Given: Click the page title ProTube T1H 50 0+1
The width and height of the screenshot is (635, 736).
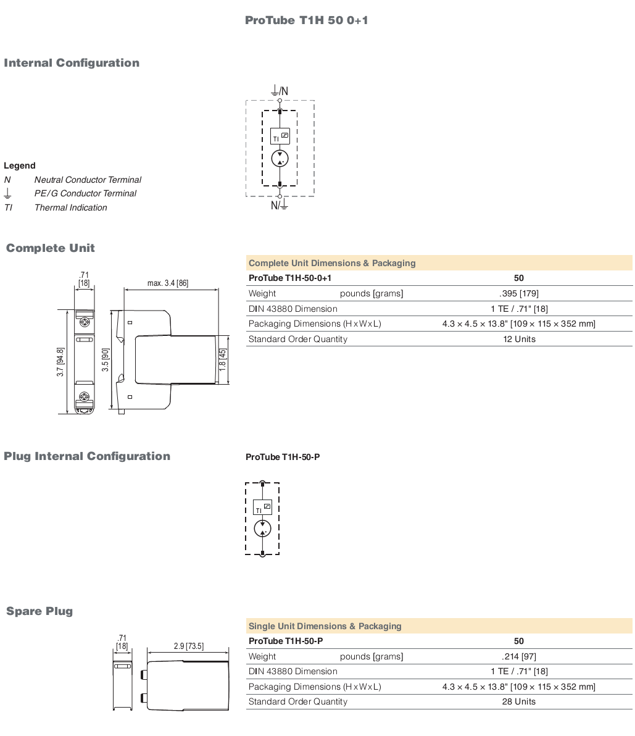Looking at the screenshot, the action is click(x=306, y=20).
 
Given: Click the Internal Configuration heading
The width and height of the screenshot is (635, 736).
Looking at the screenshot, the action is click(x=72, y=63).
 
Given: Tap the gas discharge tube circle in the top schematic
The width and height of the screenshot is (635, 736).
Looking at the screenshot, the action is click(x=280, y=159).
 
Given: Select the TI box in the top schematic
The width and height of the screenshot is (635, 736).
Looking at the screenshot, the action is click(x=280, y=136).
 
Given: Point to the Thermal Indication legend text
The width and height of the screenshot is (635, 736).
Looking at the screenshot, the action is click(x=71, y=207).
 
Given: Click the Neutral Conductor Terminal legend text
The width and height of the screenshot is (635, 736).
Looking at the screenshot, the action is click(x=88, y=180).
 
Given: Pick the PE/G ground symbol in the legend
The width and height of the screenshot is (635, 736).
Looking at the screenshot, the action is click(x=7, y=193).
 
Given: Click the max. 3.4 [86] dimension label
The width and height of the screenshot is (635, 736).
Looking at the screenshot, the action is click(x=168, y=283).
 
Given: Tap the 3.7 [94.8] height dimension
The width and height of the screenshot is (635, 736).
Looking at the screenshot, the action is click(x=60, y=362).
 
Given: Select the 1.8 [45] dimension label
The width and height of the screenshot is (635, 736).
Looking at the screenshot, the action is click(x=223, y=359).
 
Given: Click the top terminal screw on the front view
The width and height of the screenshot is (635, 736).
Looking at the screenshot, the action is click(x=85, y=322).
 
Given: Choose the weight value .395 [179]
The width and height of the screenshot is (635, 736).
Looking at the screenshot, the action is click(x=519, y=293).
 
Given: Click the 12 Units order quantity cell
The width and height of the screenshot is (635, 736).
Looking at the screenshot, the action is click(x=519, y=339).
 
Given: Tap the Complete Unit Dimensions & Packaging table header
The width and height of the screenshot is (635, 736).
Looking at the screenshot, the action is click(x=332, y=263).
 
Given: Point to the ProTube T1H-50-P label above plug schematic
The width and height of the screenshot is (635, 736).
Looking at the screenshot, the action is click(x=283, y=457).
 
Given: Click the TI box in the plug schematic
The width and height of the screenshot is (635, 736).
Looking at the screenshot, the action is click(x=263, y=508).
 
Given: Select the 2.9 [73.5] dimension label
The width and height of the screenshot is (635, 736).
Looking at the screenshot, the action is click(x=189, y=646).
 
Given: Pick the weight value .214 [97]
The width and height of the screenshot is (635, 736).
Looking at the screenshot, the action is click(x=519, y=656).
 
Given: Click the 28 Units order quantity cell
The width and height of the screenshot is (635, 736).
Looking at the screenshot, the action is click(x=519, y=701).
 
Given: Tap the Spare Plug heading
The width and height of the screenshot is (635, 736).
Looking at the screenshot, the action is click(x=39, y=611).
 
